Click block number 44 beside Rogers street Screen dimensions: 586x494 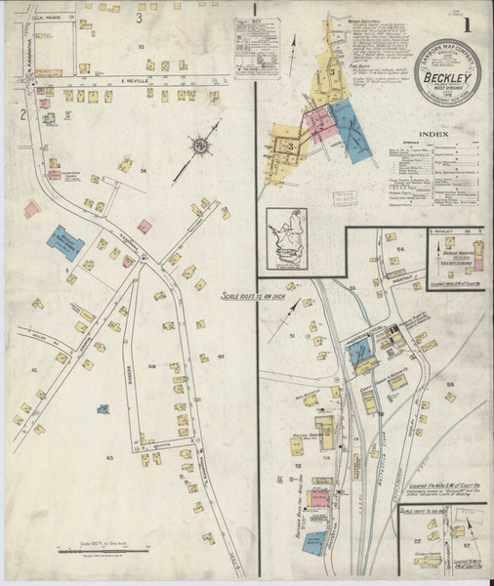pos(151,365)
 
